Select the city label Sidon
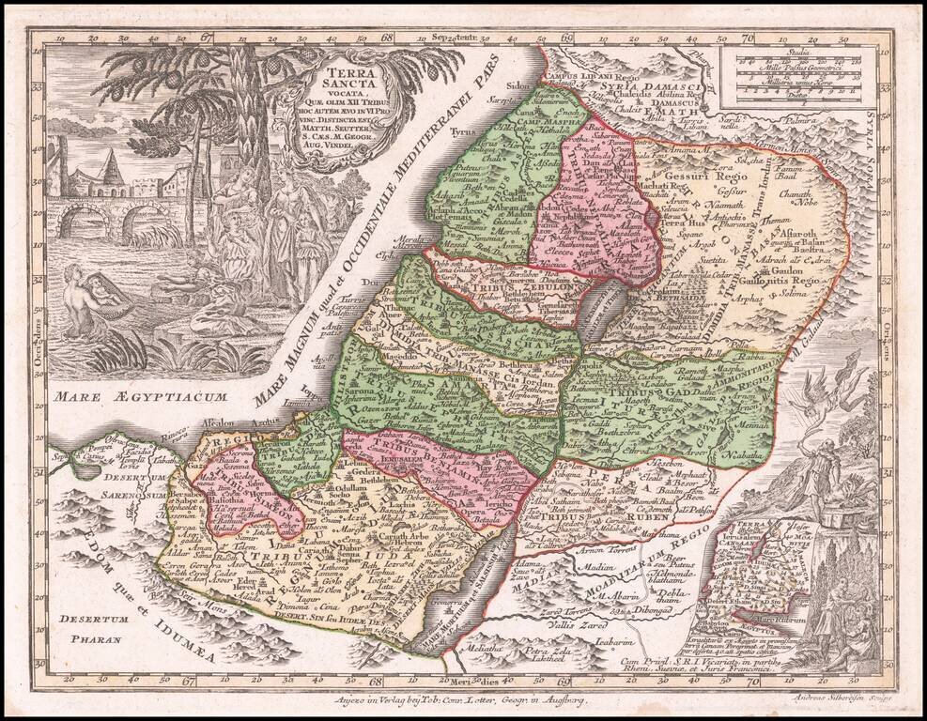tap(518, 85)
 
